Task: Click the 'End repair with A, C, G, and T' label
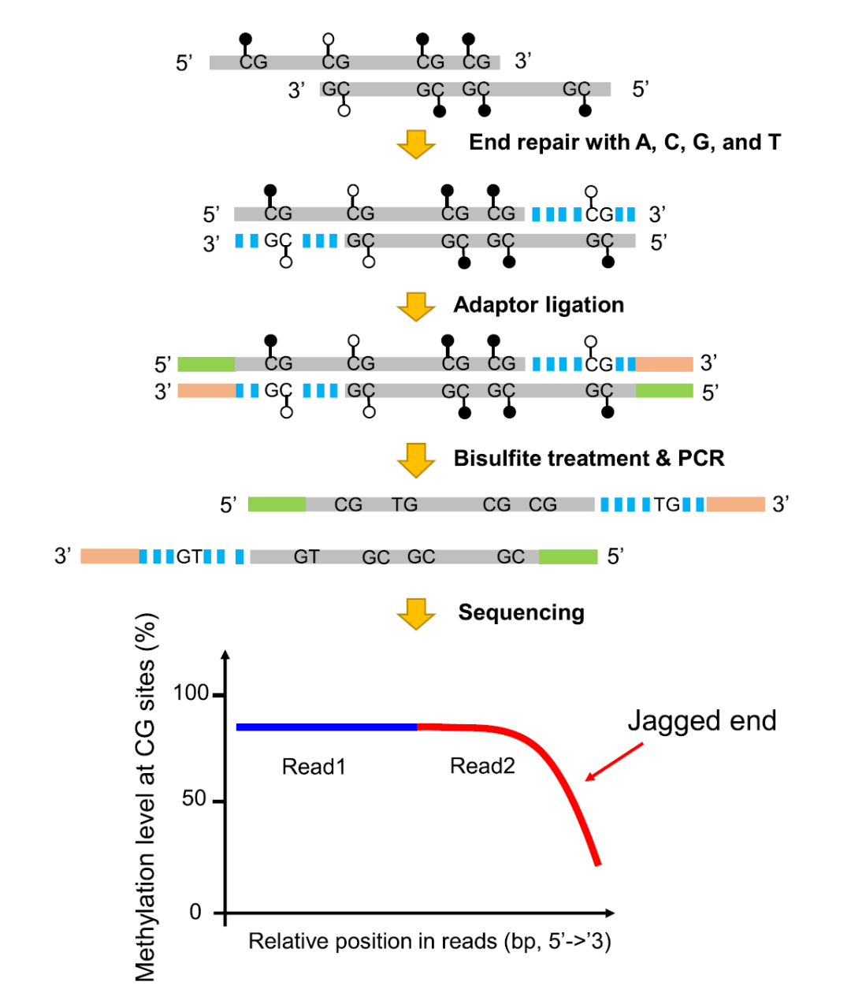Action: (624, 143)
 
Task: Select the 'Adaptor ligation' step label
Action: (538, 305)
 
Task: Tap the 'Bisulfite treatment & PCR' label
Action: (589, 459)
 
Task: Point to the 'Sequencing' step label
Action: (521, 612)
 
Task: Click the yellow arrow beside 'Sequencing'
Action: (416, 613)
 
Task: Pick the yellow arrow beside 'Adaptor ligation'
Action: (416, 307)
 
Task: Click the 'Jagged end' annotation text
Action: (701, 720)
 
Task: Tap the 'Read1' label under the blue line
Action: (314, 766)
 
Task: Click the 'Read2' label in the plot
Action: (482, 765)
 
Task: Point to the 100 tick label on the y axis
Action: (191, 694)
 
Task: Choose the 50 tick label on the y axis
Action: (194, 799)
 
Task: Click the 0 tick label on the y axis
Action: (196, 912)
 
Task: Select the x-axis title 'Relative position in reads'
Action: (429, 941)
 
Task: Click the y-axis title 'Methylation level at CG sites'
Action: (147, 796)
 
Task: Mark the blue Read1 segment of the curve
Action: (326, 727)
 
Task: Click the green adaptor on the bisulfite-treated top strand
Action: (277, 504)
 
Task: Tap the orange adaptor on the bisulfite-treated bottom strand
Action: (110, 556)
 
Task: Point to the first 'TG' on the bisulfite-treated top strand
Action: (405, 504)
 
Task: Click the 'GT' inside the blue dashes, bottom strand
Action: (189, 556)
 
